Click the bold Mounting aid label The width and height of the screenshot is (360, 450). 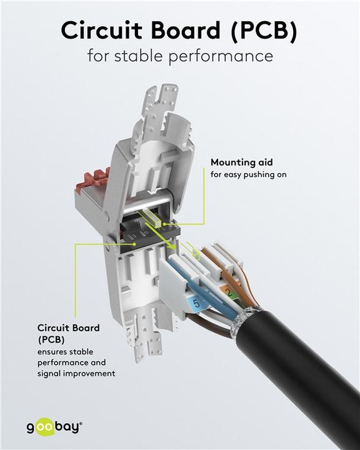tap(241, 162)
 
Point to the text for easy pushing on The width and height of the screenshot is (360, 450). tap(248, 174)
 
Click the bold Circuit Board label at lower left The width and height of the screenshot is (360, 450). tap(68, 327)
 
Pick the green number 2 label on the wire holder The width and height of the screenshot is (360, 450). tap(229, 292)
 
